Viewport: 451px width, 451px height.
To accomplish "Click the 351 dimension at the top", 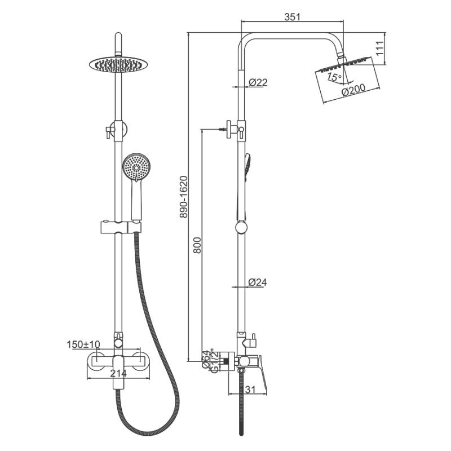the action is coord(292,17).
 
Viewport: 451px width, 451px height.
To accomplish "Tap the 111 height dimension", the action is coord(380,48).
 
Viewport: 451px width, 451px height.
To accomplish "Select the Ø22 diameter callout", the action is coord(258,82).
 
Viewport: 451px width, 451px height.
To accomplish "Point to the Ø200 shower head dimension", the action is coord(353,90).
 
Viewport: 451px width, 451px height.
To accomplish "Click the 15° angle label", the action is coord(334,77).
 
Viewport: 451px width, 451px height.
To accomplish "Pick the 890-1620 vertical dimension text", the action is coord(184,197).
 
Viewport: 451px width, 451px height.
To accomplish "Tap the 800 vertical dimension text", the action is coord(197,245).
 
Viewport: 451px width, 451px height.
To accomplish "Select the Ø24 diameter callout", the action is coord(258,282).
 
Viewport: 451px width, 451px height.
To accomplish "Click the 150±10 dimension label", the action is coord(83,344).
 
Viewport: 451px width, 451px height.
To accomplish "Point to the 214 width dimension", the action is coord(118,373).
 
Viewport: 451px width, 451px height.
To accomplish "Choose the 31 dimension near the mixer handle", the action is coord(250,390).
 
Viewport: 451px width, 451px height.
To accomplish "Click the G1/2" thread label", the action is coord(215,361).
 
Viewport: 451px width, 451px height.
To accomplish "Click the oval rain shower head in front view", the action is coord(118,64).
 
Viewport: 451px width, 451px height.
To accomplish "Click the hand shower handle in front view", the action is coord(136,200).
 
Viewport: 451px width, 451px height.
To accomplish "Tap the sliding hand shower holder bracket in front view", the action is coord(121,227).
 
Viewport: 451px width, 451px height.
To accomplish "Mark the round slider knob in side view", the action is coord(241,227).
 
